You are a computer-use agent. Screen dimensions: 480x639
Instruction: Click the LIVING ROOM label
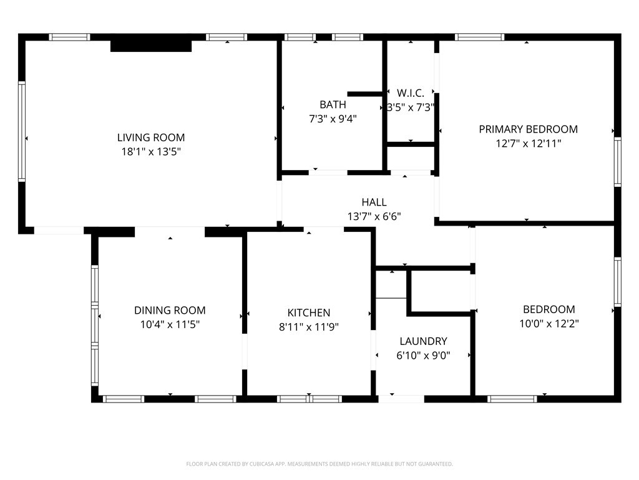pyautogui.click(x=151, y=137)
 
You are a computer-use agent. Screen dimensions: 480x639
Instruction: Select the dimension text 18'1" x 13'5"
pyautogui.click(x=151, y=151)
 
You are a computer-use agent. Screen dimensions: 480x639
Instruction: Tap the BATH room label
pyautogui.click(x=333, y=104)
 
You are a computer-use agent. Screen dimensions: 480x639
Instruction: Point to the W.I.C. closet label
pyautogui.click(x=410, y=93)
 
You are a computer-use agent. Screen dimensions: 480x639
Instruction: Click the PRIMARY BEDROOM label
pyautogui.click(x=528, y=129)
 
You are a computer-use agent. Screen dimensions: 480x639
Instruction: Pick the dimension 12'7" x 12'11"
pyautogui.click(x=528, y=143)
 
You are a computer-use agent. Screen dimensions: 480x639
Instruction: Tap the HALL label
pyautogui.click(x=374, y=202)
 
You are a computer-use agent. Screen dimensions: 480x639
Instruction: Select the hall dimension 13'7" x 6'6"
pyautogui.click(x=374, y=216)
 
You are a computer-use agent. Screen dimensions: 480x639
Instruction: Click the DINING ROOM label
pyautogui.click(x=170, y=311)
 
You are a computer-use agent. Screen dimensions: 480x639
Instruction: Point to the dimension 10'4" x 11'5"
pyautogui.click(x=170, y=324)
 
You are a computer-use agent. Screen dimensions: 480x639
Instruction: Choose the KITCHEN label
pyautogui.click(x=308, y=312)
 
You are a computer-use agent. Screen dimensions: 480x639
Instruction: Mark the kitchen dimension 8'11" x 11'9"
pyautogui.click(x=308, y=326)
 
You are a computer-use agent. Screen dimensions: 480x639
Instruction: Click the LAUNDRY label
pyautogui.click(x=423, y=341)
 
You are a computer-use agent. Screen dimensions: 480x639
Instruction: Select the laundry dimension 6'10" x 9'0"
pyautogui.click(x=423, y=355)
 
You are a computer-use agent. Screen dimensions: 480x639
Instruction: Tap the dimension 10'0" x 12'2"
pyautogui.click(x=549, y=324)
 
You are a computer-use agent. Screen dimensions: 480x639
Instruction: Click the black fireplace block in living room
pyautogui.click(x=150, y=46)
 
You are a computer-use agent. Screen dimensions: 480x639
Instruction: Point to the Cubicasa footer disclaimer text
pyautogui.click(x=319, y=464)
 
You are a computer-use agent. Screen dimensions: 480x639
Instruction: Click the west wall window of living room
pyautogui.click(x=22, y=131)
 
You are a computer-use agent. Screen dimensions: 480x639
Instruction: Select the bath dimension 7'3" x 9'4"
pyautogui.click(x=333, y=118)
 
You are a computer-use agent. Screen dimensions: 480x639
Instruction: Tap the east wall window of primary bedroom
pyautogui.click(x=617, y=162)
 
